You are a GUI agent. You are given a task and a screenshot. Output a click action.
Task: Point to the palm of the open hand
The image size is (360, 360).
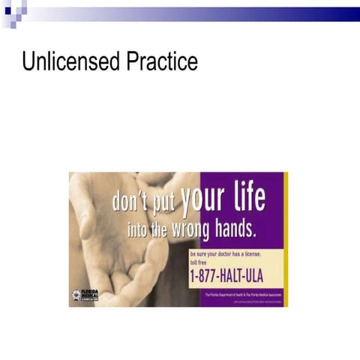coord(112,247)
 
